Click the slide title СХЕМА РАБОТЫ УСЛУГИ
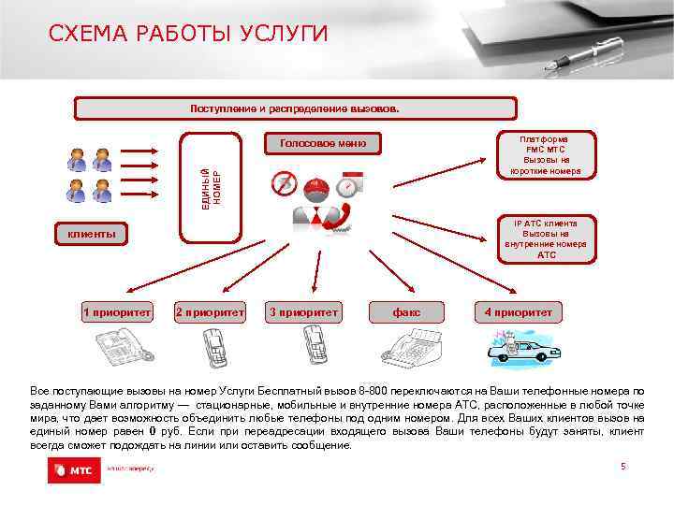click(x=188, y=35)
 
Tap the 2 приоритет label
click(x=211, y=312)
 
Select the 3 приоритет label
click(x=304, y=312)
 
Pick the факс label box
click(x=406, y=312)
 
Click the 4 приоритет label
click(x=518, y=312)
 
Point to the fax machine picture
click(x=412, y=351)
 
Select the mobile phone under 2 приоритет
click(x=213, y=352)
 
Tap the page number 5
click(x=623, y=466)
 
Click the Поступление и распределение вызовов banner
click(x=295, y=108)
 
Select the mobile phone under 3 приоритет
click(x=313, y=352)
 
